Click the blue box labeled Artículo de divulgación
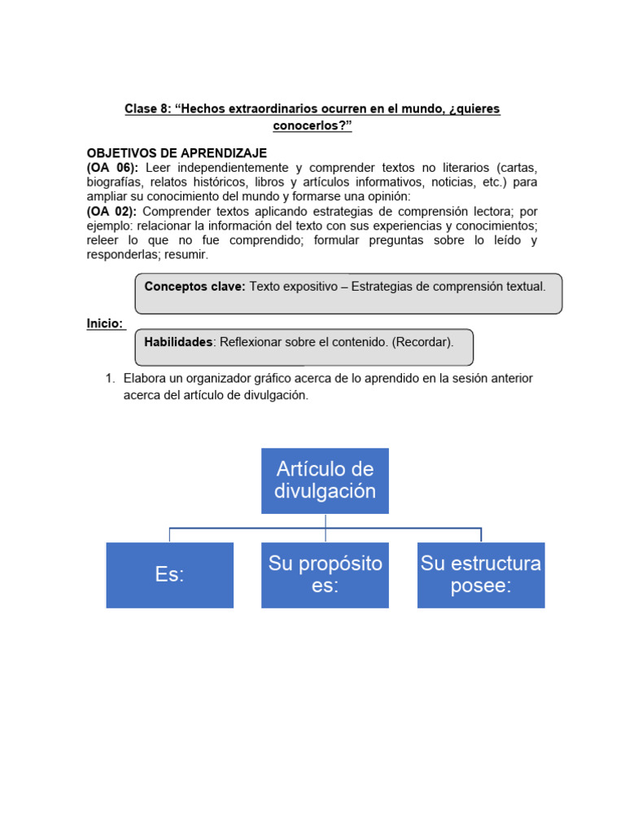pyautogui.click(x=325, y=481)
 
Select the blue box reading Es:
pyautogui.click(x=169, y=575)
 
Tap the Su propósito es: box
pyautogui.click(x=325, y=575)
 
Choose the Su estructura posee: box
pyautogui.click(x=480, y=575)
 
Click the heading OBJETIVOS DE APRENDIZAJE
pyautogui.click(x=177, y=153)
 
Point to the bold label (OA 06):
pyautogui.click(x=112, y=168)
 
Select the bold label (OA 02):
pyautogui.click(x=112, y=211)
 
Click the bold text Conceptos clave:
pyautogui.click(x=194, y=286)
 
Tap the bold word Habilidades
pyautogui.click(x=178, y=342)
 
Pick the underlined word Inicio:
pyautogui.click(x=105, y=323)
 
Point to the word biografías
pyautogui.click(x=115, y=182)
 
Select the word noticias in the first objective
pyautogui.click(x=455, y=182)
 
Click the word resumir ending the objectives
pyautogui.click(x=187, y=255)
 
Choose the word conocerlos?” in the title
pyautogui.click(x=312, y=126)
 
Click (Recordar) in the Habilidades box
pyautogui.click(x=422, y=342)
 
